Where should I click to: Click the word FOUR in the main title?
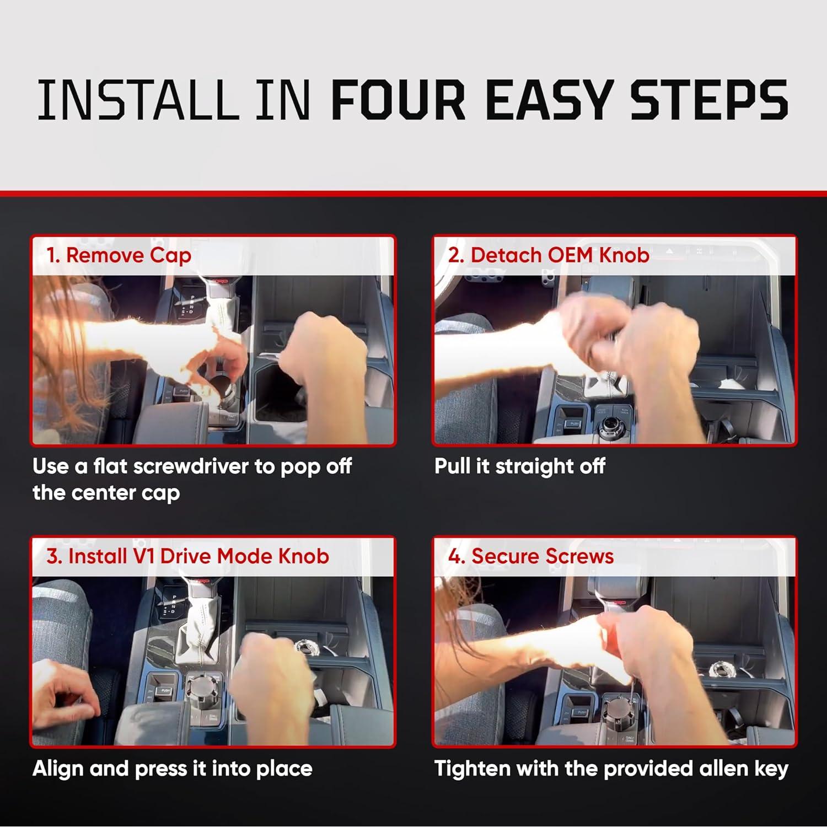coord(399,100)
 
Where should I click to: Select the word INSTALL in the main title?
coord(135,100)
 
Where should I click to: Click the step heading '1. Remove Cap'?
coord(119,256)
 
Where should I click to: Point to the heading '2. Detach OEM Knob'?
coord(549,255)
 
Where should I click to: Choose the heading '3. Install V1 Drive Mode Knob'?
coord(188,556)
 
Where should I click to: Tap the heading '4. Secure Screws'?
coord(531,556)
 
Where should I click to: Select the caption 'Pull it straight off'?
coord(520,466)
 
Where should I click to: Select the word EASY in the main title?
coord(548,100)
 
